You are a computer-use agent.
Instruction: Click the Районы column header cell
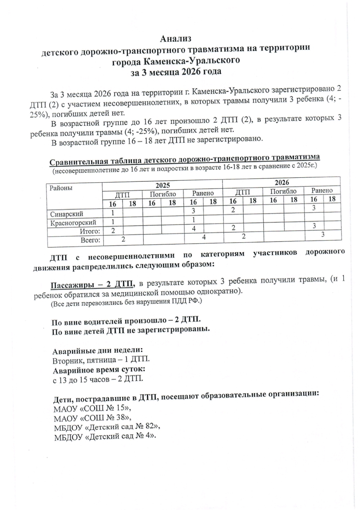[x=61, y=188]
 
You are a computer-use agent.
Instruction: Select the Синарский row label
[x=67, y=214]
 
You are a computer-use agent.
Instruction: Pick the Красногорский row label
[x=73, y=223]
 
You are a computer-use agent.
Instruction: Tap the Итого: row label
[x=90, y=231]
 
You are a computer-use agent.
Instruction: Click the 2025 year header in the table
[x=162, y=185]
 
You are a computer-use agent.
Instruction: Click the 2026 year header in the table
[x=282, y=182]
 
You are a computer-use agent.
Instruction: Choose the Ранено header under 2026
[x=322, y=190]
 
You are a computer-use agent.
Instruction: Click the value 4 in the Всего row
[x=204, y=237]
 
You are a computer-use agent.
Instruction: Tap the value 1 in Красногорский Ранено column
[x=194, y=219]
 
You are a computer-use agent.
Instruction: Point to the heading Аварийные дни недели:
[x=98, y=351]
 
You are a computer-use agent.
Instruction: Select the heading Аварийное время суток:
[x=99, y=370]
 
